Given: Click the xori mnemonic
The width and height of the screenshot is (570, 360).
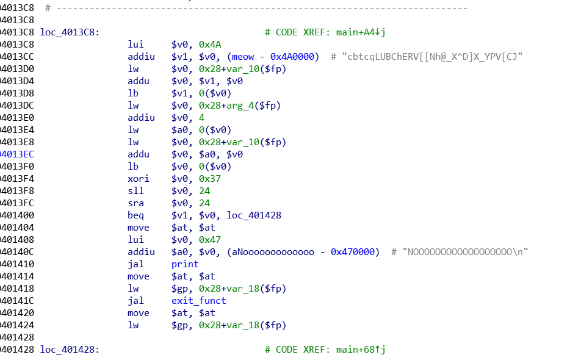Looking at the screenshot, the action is [x=138, y=179].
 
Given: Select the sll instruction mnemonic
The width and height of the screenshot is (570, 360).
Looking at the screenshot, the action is [x=135, y=191].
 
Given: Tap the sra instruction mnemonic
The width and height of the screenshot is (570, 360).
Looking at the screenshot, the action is [x=135, y=203].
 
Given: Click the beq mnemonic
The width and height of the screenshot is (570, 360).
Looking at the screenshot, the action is [x=135, y=215].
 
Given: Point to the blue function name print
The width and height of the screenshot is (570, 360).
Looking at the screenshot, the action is [x=185, y=264].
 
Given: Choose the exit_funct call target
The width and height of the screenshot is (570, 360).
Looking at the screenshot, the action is [x=199, y=301].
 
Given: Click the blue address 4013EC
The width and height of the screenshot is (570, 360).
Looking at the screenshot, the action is [x=16, y=154].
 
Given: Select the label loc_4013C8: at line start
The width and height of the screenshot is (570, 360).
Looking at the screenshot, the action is [x=70, y=32].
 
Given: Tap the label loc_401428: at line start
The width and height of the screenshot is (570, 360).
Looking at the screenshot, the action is [x=70, y=350].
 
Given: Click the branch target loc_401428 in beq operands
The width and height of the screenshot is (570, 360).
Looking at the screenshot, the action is [x=254, y=215].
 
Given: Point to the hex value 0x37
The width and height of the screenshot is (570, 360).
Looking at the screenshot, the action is [x=210, y=179].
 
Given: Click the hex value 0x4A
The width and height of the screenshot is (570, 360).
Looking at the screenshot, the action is [x=210, y=45].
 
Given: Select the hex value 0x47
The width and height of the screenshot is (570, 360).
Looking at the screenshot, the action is [x=210, y=240].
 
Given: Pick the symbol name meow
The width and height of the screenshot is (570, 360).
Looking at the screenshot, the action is [x=243, y=57].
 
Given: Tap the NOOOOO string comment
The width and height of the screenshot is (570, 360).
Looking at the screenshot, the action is [x=465, y=252].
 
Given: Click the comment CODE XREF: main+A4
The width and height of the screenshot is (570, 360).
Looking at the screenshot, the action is [x=325, y=32].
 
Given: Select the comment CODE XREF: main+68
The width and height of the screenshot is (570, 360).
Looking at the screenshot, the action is [x=325, y=350].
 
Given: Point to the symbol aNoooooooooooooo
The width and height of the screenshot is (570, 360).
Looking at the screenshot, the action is [x=273, y=252].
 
